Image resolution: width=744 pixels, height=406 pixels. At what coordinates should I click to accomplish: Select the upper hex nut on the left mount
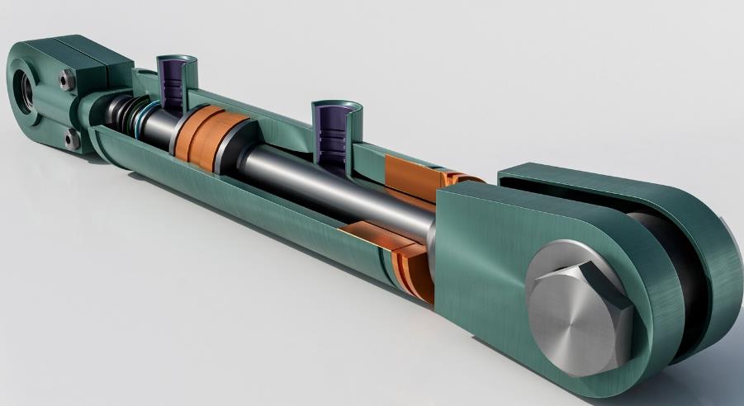coord(67,79)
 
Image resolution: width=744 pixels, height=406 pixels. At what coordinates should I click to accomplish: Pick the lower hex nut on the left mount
coord(72,139)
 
